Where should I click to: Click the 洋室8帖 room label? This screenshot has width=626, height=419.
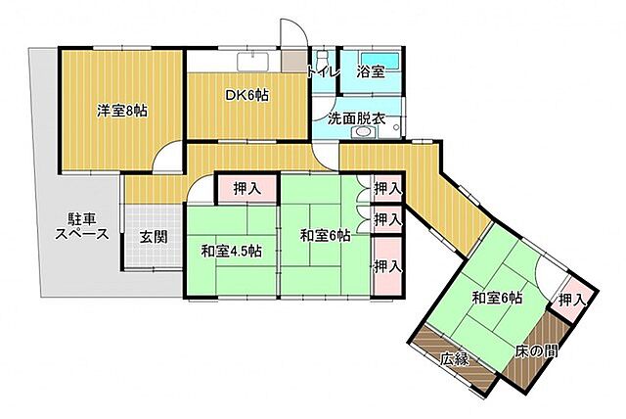click(x=122, y=110)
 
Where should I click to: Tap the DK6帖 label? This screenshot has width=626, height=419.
click(x=248, y=95)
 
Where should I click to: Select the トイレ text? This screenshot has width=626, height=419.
click(x=322, y=71)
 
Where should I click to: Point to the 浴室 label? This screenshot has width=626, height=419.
click(x=370, y=71)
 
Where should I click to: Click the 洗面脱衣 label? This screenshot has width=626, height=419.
click(x=356, y=119)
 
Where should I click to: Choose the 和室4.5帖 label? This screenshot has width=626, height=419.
click(x=231, y=252)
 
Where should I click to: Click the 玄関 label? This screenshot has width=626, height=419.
click(x=152, y=236)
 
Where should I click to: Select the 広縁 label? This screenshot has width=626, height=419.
click(x=454, y=359)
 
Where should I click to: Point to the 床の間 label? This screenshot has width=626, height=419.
click(x=537, y=349)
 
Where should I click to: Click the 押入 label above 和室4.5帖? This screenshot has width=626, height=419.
click(x=247, y=188)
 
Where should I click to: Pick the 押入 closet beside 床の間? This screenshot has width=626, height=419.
click(x=572, y=300)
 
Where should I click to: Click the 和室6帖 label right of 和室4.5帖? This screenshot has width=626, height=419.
click(x=326, y=235)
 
